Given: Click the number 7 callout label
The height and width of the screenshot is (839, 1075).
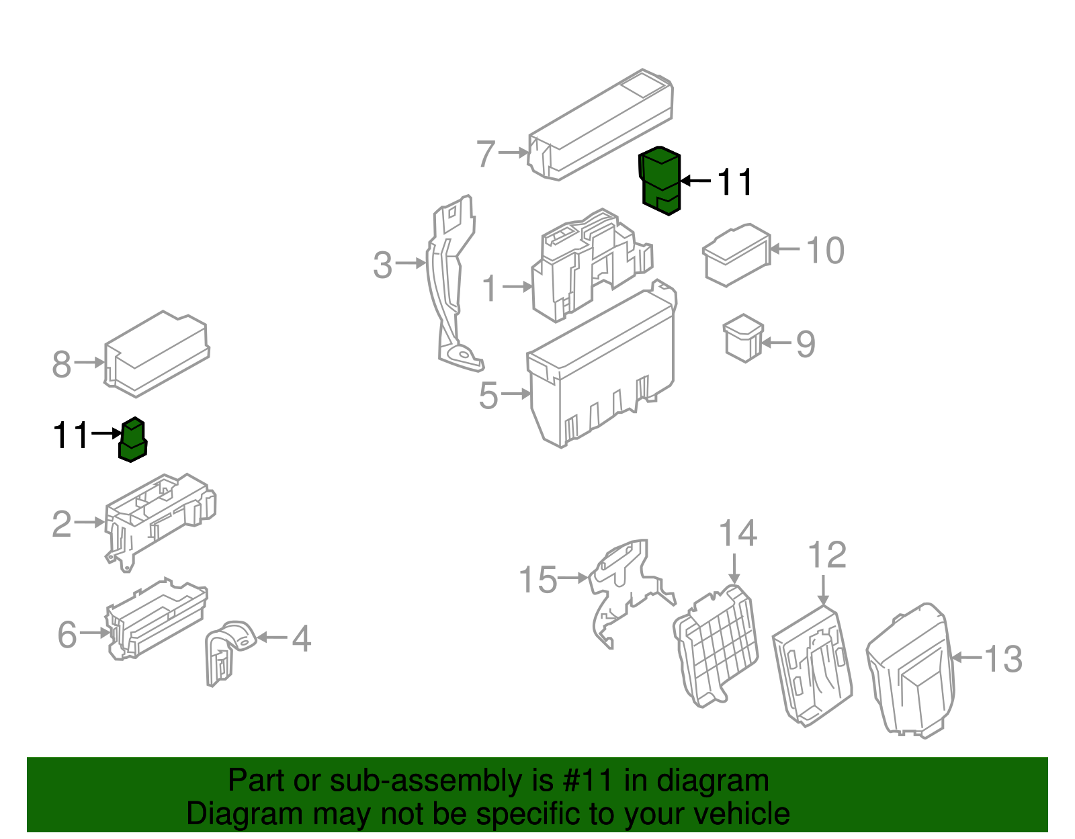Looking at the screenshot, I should click(486, 154).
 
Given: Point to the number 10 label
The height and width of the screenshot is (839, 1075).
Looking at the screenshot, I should click(824, 251).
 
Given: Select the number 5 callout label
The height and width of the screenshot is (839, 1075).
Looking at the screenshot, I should click(488, 395).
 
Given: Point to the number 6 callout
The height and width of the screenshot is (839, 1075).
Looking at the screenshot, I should click(67, 635).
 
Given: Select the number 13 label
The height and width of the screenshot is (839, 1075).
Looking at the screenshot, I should click(1003, 659).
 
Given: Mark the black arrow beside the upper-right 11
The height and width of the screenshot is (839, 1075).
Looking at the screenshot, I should click(695, 181).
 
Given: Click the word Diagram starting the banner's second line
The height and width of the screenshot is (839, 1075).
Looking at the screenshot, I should click(226, 814).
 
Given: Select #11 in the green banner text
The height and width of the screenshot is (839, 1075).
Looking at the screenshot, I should click(585, 781).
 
